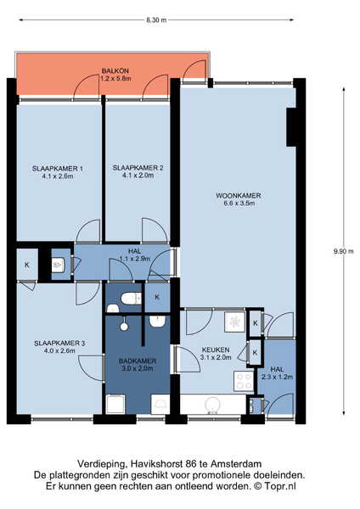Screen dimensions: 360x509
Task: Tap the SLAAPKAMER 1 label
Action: click(x=58, y=169)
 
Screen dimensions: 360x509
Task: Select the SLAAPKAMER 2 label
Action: click(x=138, y=168)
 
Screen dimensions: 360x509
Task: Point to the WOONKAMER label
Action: click(x=239, y=195)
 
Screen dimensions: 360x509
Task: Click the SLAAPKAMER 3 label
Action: click(x=59, y=343)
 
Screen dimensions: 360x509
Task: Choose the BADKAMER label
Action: click(x=138, y=361)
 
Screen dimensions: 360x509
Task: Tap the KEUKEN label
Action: click(x=216, y=350)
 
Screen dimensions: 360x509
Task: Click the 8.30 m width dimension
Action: click(x=156, y=20)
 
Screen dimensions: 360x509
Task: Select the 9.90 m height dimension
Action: click(x=343, y=251)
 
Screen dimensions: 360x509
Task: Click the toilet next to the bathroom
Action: click(x=132, y=299)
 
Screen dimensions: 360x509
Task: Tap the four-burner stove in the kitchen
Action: click(x=244, y=381)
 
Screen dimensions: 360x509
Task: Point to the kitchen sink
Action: click(x=213, y=405)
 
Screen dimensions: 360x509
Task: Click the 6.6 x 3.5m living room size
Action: click(x=239, y=204)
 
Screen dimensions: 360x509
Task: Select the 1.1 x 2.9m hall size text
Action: click(x=135, y=259)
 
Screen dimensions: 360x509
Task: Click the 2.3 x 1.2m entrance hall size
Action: click(x=277, y=377)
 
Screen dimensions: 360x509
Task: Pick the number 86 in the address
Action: click(x=192, y=464)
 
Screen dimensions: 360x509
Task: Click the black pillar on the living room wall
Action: click(x=291, y=127)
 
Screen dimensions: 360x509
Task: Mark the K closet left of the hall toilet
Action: click(x=27, y=265)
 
